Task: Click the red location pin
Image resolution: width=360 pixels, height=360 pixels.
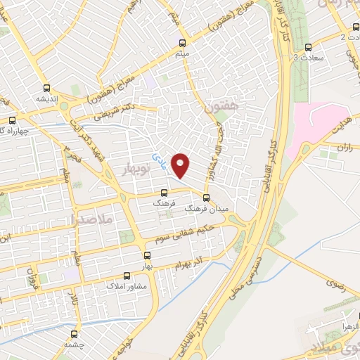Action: pyautogui.click(x=181, y=165)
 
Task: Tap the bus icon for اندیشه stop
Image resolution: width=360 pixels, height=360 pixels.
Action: pyautogui.click(x=46, y=88)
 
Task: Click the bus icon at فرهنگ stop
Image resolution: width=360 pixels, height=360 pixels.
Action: pyautogui.click(x=165, y=193)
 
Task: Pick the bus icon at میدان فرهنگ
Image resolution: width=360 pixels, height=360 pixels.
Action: pyautogui.click(x=206, y=198)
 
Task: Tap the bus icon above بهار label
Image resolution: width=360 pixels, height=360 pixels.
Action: pyautogui.click(x=147, y=256)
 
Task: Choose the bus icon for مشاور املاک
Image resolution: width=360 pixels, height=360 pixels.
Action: pyautogui.click(x=127, y=276)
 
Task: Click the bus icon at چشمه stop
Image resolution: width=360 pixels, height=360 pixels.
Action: pyautogui.click(x=75, y=333)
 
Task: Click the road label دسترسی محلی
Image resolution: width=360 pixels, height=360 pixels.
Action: pyautogui.click(x=251, y=278)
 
